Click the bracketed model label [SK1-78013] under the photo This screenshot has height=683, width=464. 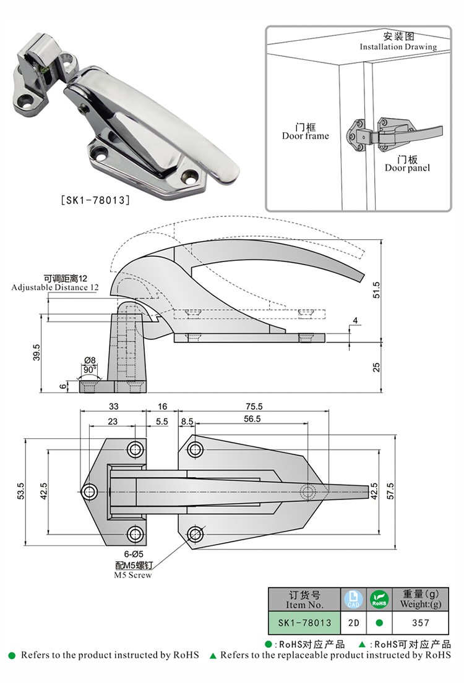(x=95, y=200)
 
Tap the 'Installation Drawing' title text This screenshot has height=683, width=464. (x=398, y=47)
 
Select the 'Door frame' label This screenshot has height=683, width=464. (x=306, y=136)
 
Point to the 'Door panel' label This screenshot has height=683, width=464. (x=406, y=168)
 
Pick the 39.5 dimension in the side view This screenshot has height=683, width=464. (x=37, y=352)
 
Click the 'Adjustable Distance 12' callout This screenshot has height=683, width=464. (x=54, y=287)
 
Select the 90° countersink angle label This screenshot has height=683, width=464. (x=90, y=369)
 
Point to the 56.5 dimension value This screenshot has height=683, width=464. (x=252, y=418)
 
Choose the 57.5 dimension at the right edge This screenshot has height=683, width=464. (x=390, y=492)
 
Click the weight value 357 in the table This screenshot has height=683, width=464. (x=420, y=622)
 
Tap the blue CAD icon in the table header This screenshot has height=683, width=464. (x=354, y=598)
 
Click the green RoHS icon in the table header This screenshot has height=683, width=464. (x=378, y=598)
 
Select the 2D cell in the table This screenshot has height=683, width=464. (x=354, y=622)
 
